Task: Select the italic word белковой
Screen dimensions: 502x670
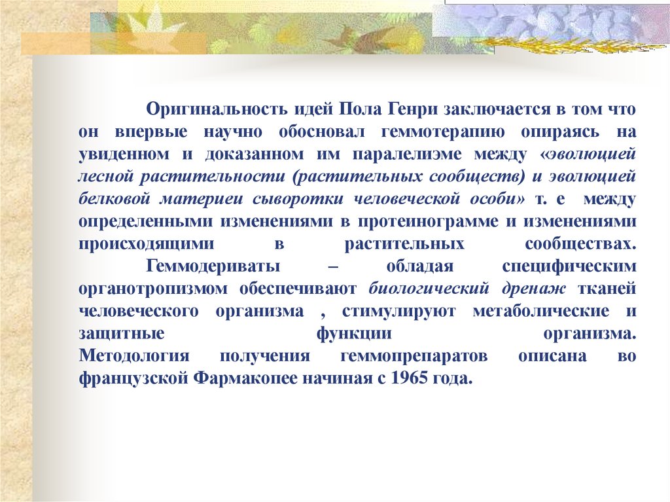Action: coord(110,199)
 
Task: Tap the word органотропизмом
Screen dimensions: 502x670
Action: coord(162,289)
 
